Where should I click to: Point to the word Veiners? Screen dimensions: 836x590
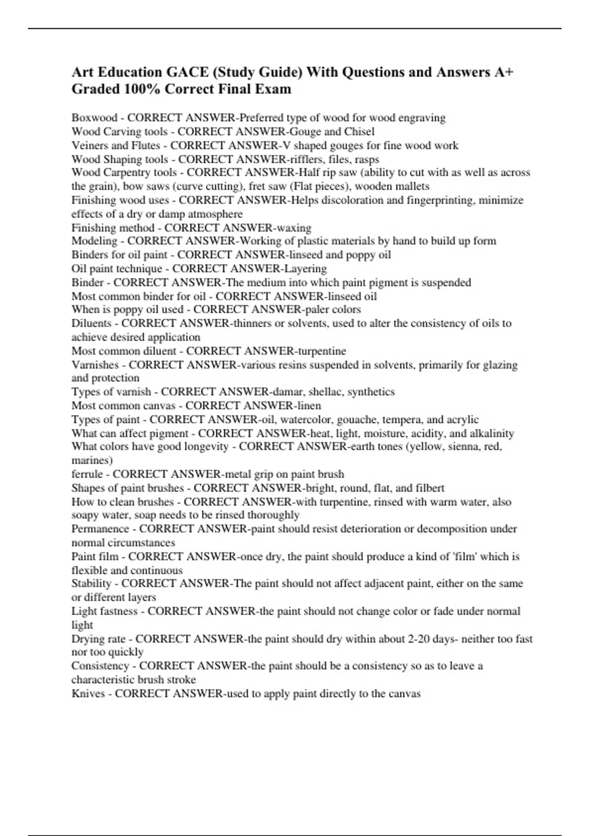(x=89, y=146)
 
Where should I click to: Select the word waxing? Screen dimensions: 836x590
(x=294, y=228)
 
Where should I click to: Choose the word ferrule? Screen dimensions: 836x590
(x=87, y=474)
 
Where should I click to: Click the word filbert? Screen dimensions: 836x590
(x=429, y=488)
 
